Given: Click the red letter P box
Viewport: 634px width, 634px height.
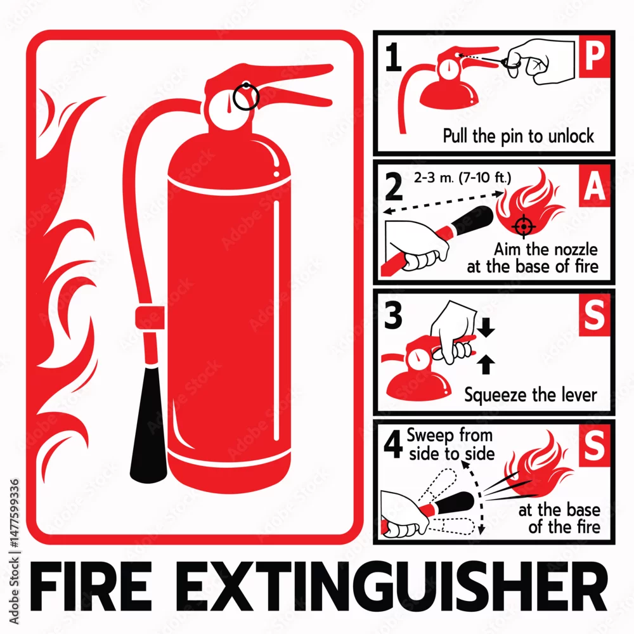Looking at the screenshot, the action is point(595,56).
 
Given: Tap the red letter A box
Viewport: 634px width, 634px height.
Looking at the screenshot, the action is point(595,186).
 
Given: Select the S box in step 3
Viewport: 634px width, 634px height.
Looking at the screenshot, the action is point(595,315).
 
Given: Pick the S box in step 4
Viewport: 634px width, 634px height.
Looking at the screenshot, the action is point(595,445).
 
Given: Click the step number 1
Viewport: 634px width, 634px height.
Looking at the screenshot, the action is point(393,57).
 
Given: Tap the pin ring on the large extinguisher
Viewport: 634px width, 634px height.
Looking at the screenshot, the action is point(246,96).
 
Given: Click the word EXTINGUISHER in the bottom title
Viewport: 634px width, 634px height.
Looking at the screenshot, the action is point(391,586).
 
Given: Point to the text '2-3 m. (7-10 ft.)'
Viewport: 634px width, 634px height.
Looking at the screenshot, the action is point(462,178).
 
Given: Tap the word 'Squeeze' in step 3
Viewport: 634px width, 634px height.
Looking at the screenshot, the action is point(493,395).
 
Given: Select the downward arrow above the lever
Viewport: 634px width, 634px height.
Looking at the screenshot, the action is point(486,328).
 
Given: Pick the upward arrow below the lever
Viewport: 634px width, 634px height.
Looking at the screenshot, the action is point(486,365).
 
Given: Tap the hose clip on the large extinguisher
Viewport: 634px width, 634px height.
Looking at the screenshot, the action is point(150,318).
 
